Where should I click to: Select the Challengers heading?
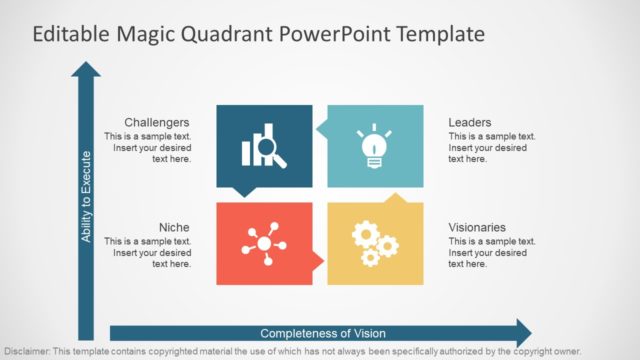click(x=157, y=122)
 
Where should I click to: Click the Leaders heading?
click(x=469, y=122)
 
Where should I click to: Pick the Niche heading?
click(x=174, y=227)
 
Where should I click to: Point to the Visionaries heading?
click(x=477, y=227)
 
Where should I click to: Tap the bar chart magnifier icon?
click(x=264, y=146)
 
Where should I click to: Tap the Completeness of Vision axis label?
click(x=322, y=333)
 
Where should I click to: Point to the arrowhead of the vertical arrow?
click(x=86, y=71)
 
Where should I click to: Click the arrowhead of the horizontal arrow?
click(x=521, y=333)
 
